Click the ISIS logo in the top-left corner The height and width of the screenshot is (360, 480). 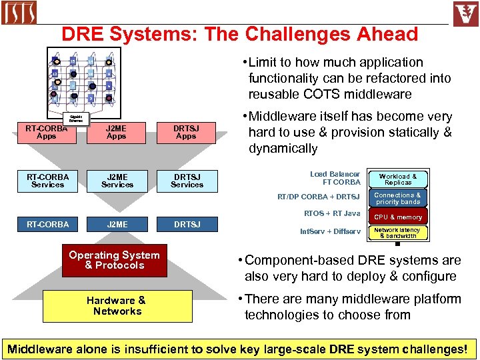click(x=19, y=13)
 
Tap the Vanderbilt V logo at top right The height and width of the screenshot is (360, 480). click(x=465, y=13)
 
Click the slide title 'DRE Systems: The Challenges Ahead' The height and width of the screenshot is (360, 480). click(x=239, y=34)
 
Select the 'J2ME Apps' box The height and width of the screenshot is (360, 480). click(x=117, y=132)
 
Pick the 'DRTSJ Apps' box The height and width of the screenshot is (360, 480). click(x=186, y=132)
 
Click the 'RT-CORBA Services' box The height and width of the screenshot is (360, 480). click(x=47, y=181)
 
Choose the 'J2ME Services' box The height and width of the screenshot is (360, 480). click(x=117, y=181)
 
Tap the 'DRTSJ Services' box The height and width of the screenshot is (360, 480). click(x=187, y=181)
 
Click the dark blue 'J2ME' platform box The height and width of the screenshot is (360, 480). click(x=117, y=225)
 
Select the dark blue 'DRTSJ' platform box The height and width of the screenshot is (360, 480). click(x=187, y=225)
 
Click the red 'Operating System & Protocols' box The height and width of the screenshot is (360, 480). click(x=114, y=260)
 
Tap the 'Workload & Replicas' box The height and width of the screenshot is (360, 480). click(x=398, y=179)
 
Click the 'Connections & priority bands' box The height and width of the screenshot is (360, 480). click(x=398, y=199)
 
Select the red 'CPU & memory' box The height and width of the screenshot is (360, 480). click(x=398, y=217)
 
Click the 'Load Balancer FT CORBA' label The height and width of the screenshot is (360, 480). click(x=335, y=178)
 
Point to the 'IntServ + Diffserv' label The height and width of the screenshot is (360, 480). click(x=330, y=232)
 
